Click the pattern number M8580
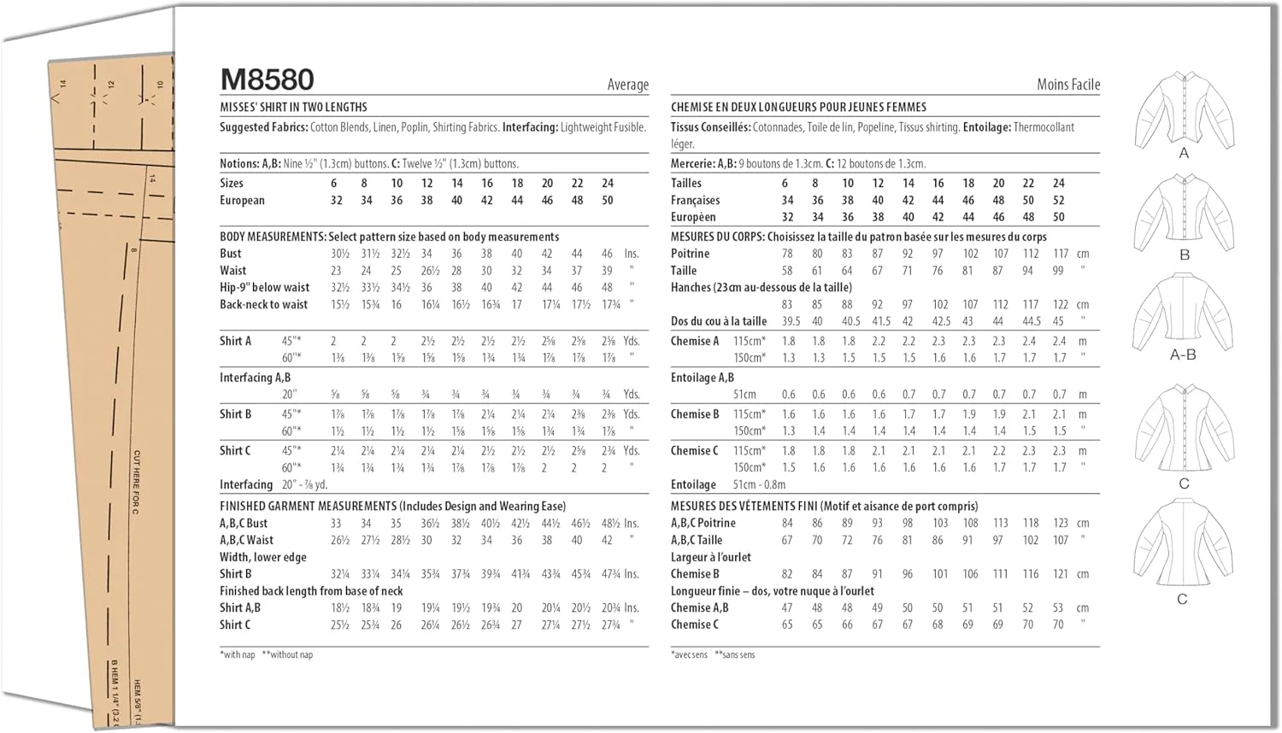(x=268, y=79)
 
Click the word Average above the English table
(x=627, y=85)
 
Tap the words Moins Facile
(x=1067, y=85)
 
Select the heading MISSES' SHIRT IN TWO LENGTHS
(x=293, y=108)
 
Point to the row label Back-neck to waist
(x=263, y=304)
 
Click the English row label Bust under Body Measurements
(x=231, y=254)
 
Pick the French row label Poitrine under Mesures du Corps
(x=690, y=254)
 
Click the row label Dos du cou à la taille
(x=718, y=321)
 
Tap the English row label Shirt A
(x=235, y=341)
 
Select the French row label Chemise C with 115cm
(x=694, y=450)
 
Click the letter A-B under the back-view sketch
(x=1183, y=355)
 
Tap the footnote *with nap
(x=238, y=654)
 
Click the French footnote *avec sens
(x=689, y=654)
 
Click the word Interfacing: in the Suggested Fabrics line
(x=530, y=127)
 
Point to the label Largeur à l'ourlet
(x=710, y=557)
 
